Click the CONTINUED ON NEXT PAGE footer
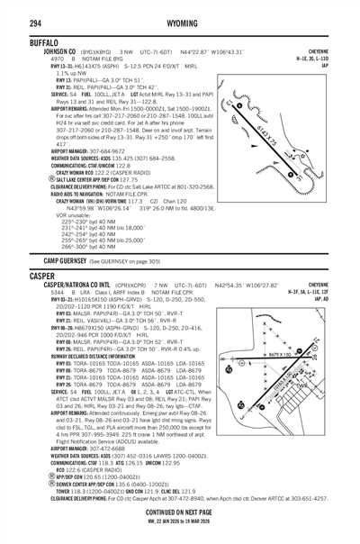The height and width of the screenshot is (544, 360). [x=180, y=511]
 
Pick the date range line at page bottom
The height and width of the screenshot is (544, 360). [x=180, y=520]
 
